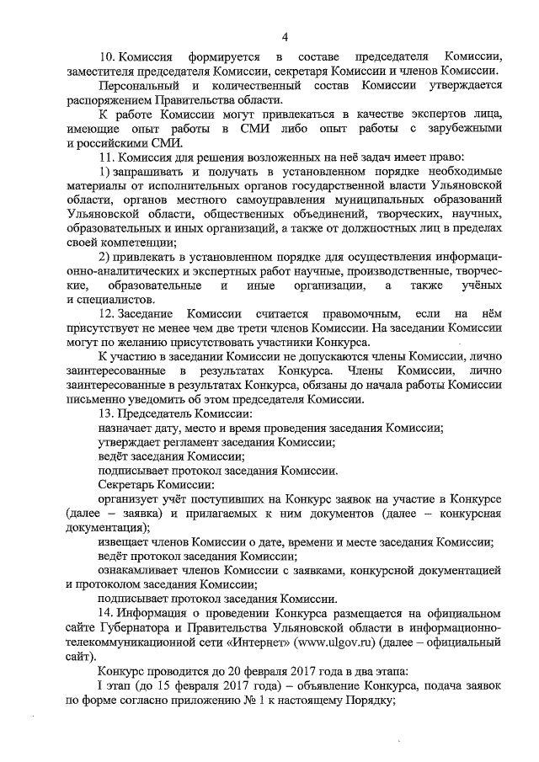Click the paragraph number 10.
107,56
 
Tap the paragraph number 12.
107,312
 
